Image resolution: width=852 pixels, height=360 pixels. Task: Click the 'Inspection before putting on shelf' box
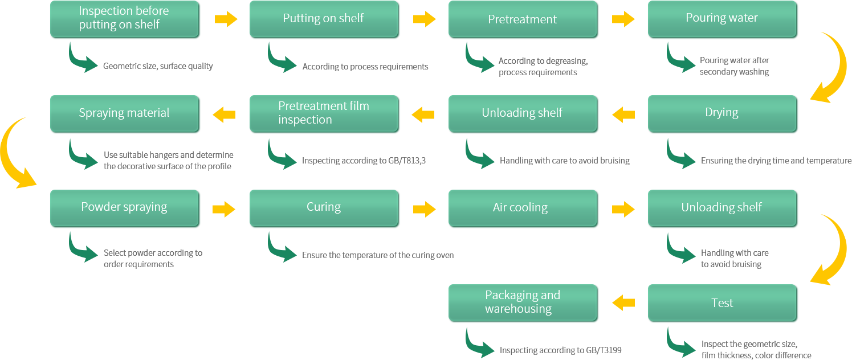[x=125, y=19]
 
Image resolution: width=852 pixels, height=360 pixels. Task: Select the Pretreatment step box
[x=523, y=19]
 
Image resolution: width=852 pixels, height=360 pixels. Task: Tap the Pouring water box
[x=722, y=19]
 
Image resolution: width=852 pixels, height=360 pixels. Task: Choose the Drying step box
[x=722, y=113]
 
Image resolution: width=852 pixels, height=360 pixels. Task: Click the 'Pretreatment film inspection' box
[x=324, y=113]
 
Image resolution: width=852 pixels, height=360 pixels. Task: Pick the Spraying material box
[x=125, y=113]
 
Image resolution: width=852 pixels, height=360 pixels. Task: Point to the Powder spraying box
[x=125, y=208]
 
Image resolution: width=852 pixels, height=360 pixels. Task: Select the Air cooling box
[x=523, y=208]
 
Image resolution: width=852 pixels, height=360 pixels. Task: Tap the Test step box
[x=722, y=303]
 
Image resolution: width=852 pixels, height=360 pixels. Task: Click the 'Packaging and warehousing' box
[x=523, y=303]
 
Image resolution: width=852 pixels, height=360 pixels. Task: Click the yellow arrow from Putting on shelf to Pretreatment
[x=424, y=19]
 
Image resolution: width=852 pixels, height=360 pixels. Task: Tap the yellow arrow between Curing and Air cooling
[x=424, y=209]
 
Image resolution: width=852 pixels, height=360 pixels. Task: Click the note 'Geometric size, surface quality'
[x=158, y=66]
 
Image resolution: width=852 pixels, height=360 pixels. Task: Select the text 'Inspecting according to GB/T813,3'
[x=364, y=161]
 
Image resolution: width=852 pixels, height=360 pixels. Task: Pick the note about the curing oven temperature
[x=378, y=255]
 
